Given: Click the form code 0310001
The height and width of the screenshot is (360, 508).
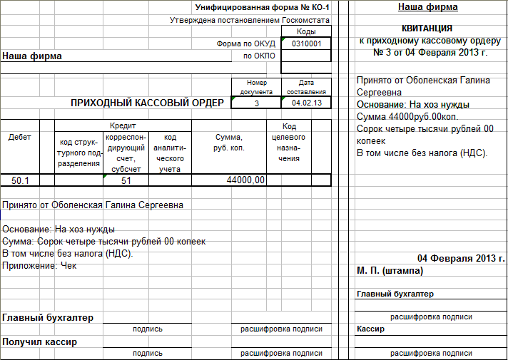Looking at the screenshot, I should [307, 43].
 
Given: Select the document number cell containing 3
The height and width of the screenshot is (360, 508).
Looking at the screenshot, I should [256, 103].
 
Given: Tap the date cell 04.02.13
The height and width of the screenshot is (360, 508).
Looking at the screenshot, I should [307, 103].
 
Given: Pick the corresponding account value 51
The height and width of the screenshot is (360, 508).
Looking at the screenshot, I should [126, 180].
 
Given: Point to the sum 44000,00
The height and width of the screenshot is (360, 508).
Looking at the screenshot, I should [245, 180].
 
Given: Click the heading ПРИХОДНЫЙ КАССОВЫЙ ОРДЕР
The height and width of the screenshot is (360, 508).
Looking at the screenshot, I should [147, 103].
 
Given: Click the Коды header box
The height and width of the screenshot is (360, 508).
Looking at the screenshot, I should [306, 32].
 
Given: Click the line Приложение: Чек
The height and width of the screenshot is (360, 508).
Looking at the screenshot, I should [39, 265].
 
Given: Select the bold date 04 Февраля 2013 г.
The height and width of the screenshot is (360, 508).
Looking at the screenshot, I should [461, 258].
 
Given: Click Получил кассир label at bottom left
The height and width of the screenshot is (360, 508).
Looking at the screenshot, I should [40, 341].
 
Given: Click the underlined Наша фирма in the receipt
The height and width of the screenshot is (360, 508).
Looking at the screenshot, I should [427, 7].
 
